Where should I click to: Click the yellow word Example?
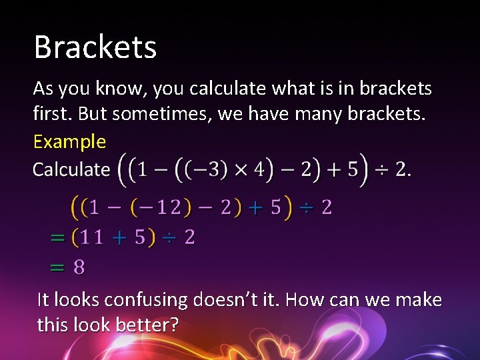[69, 141]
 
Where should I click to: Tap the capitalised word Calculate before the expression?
[71, 169]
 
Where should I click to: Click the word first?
[52, 114]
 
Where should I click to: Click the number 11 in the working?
[92, 237]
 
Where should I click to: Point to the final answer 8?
[79, 267]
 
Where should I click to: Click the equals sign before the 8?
[58, 267]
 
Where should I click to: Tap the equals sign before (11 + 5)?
[58, 237]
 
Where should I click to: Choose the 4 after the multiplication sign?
[259, 169]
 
